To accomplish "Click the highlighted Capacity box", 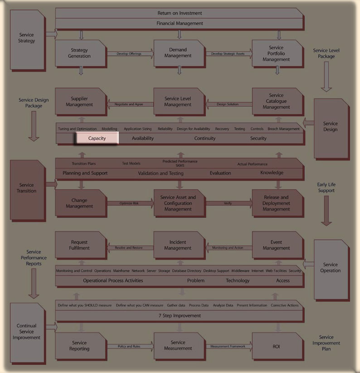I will [x=97, y=138].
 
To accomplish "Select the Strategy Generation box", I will [x=80, y=53].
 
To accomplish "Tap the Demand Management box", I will [x=178, y=53].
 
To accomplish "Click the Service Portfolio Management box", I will [x=276, y=53].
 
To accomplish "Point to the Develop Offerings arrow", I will [x=129, y=54].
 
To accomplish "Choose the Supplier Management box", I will [x=80, y=102].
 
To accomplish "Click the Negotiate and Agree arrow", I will [x=129, y=104].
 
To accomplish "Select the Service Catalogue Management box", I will [x=276, y=102].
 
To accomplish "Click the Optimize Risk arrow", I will [x=129, y=203].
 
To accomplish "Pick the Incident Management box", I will [x=178, y=245].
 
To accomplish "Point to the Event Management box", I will [x=276, y=245].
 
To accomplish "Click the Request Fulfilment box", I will [x=80, y=245].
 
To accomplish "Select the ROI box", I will [x=276, y=346].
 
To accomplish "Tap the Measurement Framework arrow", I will [x=228, y=346].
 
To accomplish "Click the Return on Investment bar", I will [x=180, y=13].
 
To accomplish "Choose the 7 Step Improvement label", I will [x=180, y=315].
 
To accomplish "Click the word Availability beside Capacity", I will [x=143, y=138].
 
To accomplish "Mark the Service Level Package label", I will [x=326, y=54].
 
